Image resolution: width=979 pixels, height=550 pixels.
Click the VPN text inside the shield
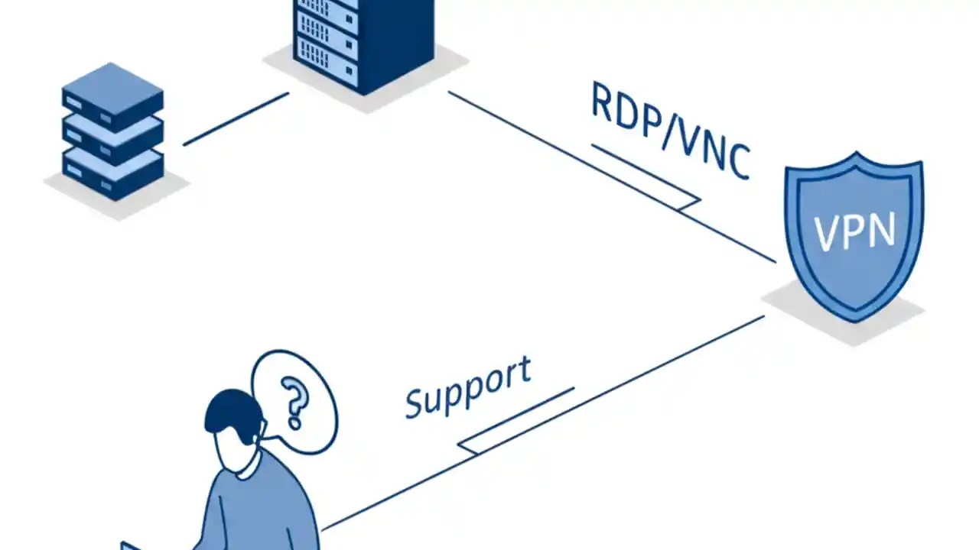[854, 231]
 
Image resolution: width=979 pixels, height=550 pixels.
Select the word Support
[467, 388]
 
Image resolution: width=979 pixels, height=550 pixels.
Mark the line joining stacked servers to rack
[236, 119]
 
